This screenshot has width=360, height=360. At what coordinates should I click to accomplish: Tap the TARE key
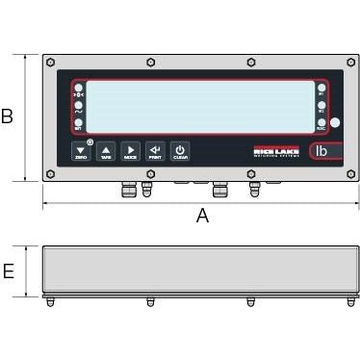tap(106, 151)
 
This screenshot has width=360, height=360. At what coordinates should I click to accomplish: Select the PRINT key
tap(155, 151)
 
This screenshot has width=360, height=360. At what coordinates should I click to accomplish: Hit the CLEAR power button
tap(180, 151)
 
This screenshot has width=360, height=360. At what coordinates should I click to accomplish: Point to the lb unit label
tap(321, 150)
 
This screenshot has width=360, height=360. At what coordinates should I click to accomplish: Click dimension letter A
tap(202, 217)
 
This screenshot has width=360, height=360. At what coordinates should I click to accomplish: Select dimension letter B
tap(8, 117)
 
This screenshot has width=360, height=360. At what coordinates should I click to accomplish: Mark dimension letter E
tap(8, 271)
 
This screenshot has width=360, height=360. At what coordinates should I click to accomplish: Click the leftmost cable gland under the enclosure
tap(124, 188)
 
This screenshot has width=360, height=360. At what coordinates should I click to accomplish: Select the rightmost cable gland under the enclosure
tap(254, 188)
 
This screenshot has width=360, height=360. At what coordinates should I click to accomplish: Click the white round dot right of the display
tap(334, 122)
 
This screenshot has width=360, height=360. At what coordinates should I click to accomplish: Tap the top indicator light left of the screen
tap(79, 88)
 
